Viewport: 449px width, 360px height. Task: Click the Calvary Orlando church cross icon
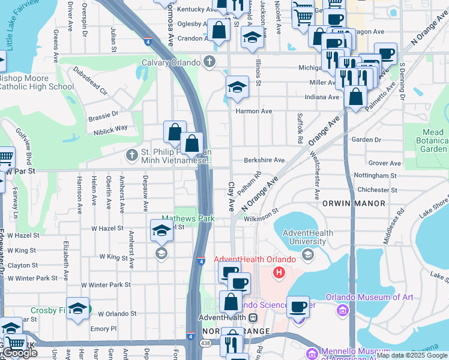click(209, 61)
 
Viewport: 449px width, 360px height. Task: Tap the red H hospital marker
click(279, 273)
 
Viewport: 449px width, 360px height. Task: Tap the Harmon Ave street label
click(254, 111)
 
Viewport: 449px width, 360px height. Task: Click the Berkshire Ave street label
click(264, 160)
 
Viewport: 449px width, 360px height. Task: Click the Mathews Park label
click(188, 219)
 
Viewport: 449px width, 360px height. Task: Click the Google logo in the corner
click(20, 353)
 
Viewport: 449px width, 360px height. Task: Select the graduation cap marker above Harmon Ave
click(237, 88)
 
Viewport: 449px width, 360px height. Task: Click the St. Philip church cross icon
click(132, 155)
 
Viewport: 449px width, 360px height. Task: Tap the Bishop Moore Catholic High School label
click(36, 82)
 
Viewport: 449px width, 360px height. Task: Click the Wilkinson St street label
click(261, 214)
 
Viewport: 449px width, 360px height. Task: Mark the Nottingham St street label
click(372, 176)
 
